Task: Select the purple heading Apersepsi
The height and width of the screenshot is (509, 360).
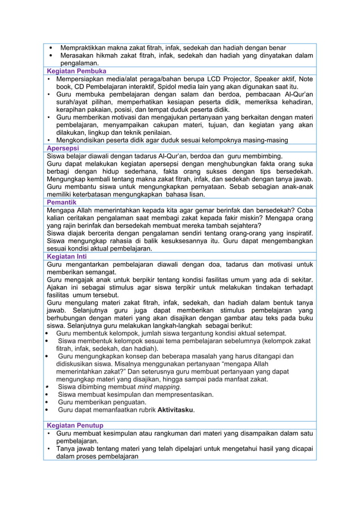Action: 64,148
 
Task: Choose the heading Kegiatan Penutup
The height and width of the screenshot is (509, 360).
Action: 75,425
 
